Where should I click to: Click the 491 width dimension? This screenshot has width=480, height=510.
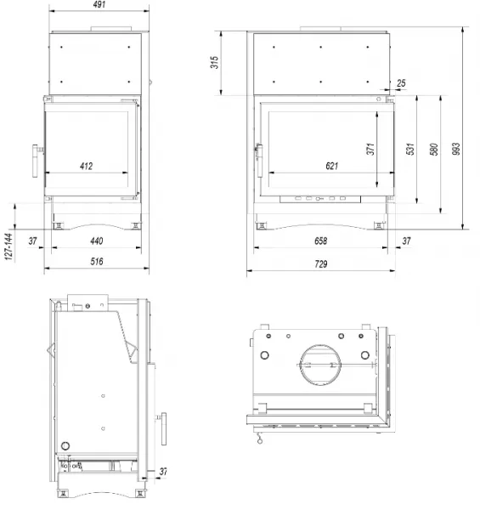[x=99, y=4]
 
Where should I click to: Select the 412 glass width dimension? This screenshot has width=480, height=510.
[x=86, y=167]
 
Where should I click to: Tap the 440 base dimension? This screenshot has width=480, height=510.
[x=97, y=241]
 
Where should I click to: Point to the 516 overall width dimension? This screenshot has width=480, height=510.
[x=97, y=262]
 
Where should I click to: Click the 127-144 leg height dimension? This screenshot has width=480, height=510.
[x=8, y=246]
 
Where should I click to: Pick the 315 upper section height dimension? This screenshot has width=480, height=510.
[x=214, y=62]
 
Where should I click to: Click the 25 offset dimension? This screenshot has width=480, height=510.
[x=401, y=83]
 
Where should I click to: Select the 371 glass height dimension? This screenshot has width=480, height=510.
[x=370, y=149]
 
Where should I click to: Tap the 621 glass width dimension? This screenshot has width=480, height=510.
[x=332, y=167]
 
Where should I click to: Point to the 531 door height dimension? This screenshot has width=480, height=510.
[x=410, y=149]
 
